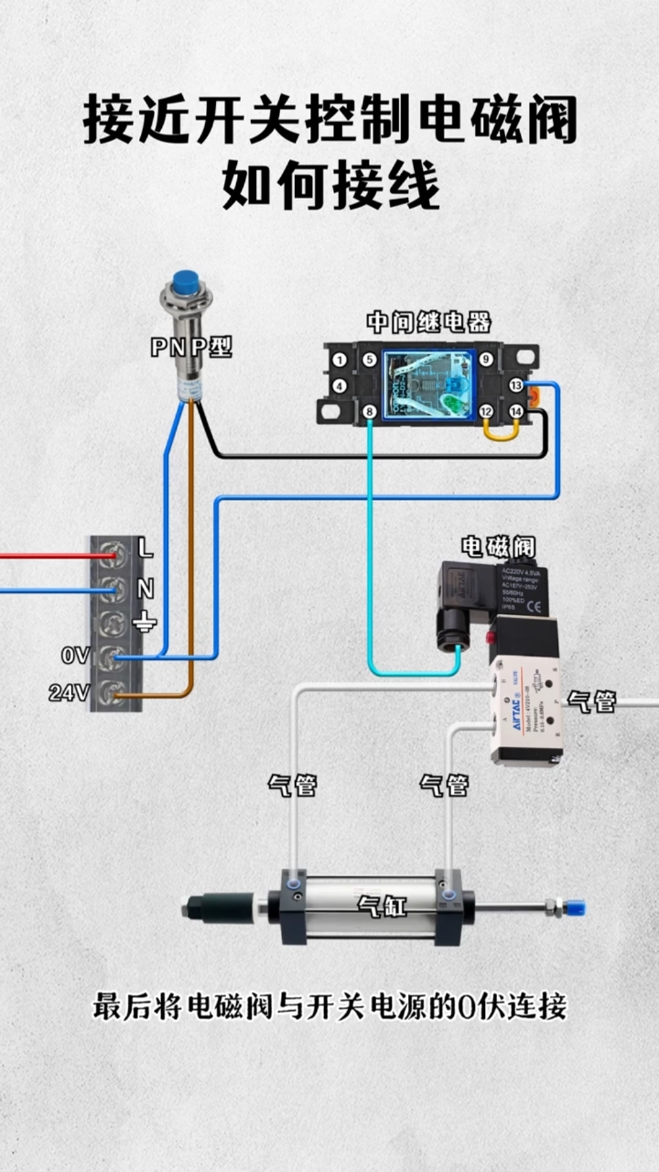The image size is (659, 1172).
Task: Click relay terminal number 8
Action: (x=369, y=413)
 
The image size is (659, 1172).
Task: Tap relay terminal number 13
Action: (x=516, y=386)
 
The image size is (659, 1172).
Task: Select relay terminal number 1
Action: (x=339, y=360)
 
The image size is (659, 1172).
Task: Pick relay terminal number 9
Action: (x=486, y=360)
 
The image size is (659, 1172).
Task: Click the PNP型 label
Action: (x=191, y=347)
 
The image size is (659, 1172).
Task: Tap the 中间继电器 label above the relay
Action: (x=428, y=322)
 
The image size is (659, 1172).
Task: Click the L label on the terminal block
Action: (x=146, y=549)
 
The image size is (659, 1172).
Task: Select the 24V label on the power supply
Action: (x=69, y=694)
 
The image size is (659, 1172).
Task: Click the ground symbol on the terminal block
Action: (x=145, y=624)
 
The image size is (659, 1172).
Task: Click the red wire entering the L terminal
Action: (x=46, y=555)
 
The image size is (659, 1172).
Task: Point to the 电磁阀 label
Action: (x=498, y=548)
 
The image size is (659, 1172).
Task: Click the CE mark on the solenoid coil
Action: (x=534, y=604)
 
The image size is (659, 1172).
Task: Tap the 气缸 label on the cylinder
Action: (x=383, y=906)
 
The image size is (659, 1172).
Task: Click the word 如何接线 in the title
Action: (x=330, y=186)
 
